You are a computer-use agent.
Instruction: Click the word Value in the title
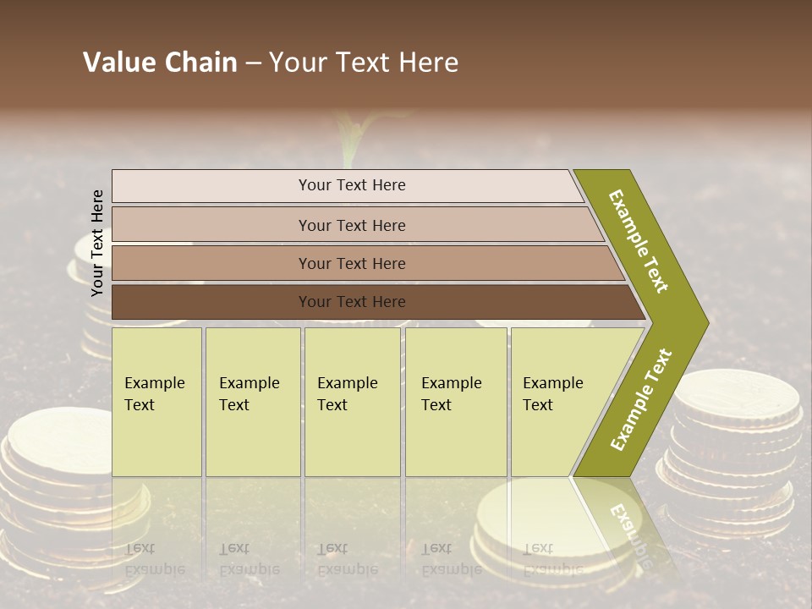pyautogui.click(x=117, y=63)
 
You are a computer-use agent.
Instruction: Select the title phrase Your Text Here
pyautogui.click(x=364, y=63)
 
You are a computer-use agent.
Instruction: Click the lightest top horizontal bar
pyautogui.click(x=347, y=185)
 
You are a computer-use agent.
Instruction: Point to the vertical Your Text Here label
pyautogui.click(x=97, y=243)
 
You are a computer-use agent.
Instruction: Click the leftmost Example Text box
pyautogui.click(x=156, y=401)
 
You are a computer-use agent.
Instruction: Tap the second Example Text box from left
pyautogui.click(x=252, y=401)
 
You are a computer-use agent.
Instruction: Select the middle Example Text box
pyautogui.click(x=352, y=401)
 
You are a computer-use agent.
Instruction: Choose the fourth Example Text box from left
pyautogui.click(x=455, y=401)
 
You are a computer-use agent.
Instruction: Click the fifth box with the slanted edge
pyautogui.click(x=558, y=401)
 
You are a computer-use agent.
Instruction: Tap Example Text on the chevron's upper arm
pyautogui.click(x=639, y=241)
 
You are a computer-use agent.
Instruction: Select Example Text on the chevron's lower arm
pyautogui.click(x=641, y=399)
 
